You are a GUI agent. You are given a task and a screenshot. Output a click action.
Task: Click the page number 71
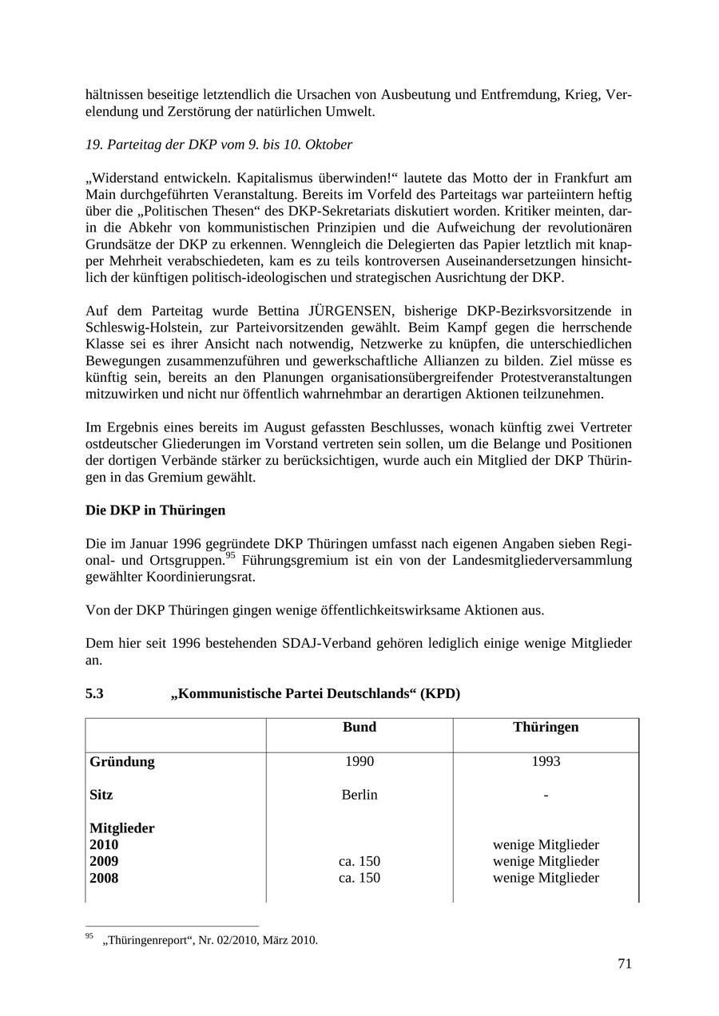click(624, 964)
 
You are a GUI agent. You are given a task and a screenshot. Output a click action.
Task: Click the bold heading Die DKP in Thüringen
click(155, 510)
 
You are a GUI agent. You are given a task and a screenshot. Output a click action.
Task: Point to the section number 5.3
click(94, 693)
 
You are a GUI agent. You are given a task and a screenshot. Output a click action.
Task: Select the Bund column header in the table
click(359, 727)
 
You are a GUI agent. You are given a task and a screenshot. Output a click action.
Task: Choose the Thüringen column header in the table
click(546, 727)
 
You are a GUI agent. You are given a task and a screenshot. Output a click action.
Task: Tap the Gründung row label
click(122, 761)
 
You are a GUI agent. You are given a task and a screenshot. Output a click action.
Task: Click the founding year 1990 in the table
click(359, 761)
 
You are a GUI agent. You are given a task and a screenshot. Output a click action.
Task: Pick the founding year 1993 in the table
click(546, 761)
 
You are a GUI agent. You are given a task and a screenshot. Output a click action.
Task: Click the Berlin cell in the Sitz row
click(359, 795)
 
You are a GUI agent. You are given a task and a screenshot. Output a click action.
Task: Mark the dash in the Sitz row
click(546, 795)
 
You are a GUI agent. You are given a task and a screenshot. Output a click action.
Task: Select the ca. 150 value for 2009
click(359, 861)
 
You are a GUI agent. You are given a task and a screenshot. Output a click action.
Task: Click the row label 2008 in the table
click(104, 878)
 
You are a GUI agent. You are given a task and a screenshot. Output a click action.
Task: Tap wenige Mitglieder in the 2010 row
click(546, 844)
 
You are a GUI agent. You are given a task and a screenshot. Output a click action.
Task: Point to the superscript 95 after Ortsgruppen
click(229, 556)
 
